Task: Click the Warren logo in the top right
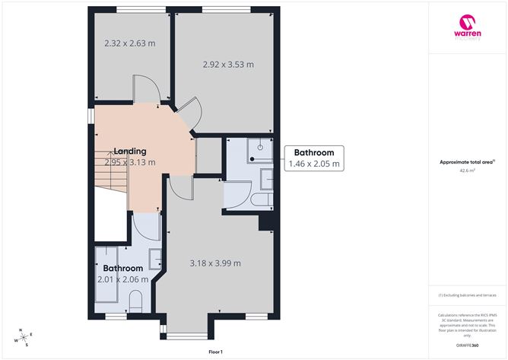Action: [x=467, y=30]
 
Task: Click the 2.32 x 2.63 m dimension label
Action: [x=129, y=43]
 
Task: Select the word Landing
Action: [x=129, y=151]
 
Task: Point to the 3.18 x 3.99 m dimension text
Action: [x=215, y=263]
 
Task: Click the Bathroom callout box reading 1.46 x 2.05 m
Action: [x=314, y=158]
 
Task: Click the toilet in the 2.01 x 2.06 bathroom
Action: [x=137, y=304]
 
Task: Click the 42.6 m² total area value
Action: [x=467, y=170]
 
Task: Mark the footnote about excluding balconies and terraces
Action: [x=467, y=294]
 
